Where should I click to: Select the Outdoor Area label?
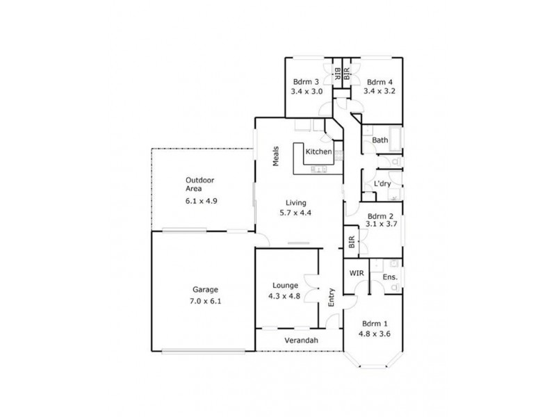(x=199, y=184)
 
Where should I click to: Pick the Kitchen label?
(x=318, y=152)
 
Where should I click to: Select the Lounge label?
(x=286, y=285)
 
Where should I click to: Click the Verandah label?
(x=300, y=341)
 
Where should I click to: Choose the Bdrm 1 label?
(x=375, y=324)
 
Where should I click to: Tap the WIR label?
(x=357, y=272)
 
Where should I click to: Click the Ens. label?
(x=390, y=277)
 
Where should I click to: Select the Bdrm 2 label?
(x=381, y=215)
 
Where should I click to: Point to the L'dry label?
(x=382, y=183)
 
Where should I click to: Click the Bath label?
(x=380, y=140)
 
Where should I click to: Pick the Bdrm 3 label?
(x=306, y=81)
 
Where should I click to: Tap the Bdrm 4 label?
(x=380, y=81)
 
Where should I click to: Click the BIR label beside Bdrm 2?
(x=352, y=242)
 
